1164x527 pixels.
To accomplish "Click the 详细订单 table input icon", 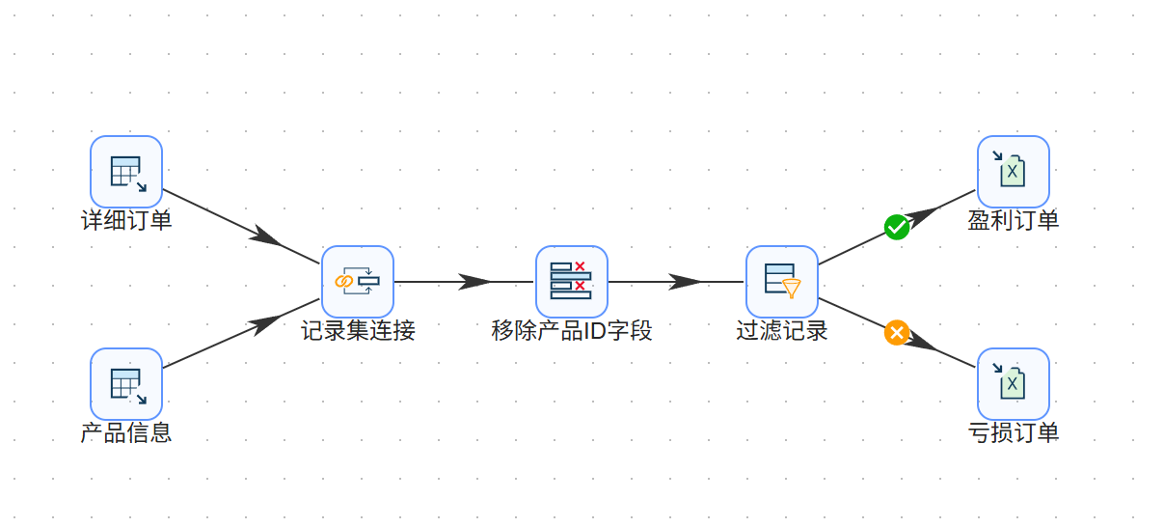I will [x=126, y=172].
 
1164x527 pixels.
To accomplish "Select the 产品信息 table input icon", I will [x=126, y=384].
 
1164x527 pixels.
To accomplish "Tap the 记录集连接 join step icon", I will [x=358, y=282].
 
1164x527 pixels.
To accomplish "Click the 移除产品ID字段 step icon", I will [x=572, y=282].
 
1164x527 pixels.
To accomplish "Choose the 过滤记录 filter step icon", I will [x=782, y=282].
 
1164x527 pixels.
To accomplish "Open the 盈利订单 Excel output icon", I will [x=1014, y=172].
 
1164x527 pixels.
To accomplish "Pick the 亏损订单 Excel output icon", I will [x=1014, y=384].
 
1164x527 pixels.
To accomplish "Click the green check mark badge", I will [x=897, y=227].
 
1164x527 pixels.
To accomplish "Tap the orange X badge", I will [x=897, y=333].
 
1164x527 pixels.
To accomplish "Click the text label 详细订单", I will [x=126, y=221].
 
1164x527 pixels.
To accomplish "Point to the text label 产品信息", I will [x=126, y=433].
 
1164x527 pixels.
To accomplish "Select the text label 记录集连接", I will [x=358, y=331].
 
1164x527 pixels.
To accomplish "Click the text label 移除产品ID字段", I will [x=572, y=331].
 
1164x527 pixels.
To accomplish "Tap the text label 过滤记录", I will [x=782, y=331].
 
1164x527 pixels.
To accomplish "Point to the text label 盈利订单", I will [x=1014, y=221].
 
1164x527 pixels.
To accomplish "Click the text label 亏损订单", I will [x=1014, y=433].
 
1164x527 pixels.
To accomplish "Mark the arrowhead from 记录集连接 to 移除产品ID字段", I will [x=474, y=282].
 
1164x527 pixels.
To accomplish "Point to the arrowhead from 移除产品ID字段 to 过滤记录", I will [x=685, y=282].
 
